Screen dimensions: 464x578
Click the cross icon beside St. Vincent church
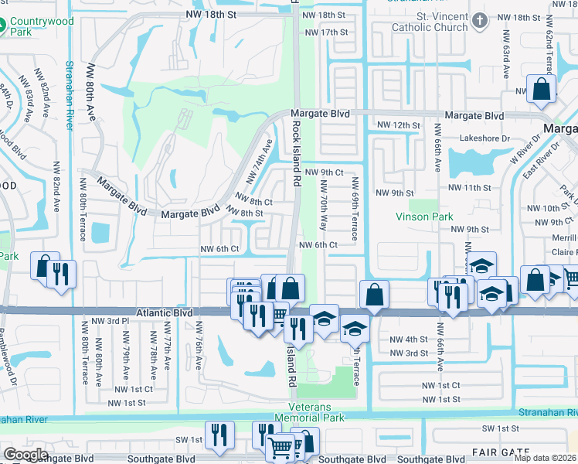point(480,19)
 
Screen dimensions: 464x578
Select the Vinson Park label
point(424,217)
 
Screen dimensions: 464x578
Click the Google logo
point(26,454)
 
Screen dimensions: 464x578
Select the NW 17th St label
point(327,32)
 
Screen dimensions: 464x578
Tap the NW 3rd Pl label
point(109,321)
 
